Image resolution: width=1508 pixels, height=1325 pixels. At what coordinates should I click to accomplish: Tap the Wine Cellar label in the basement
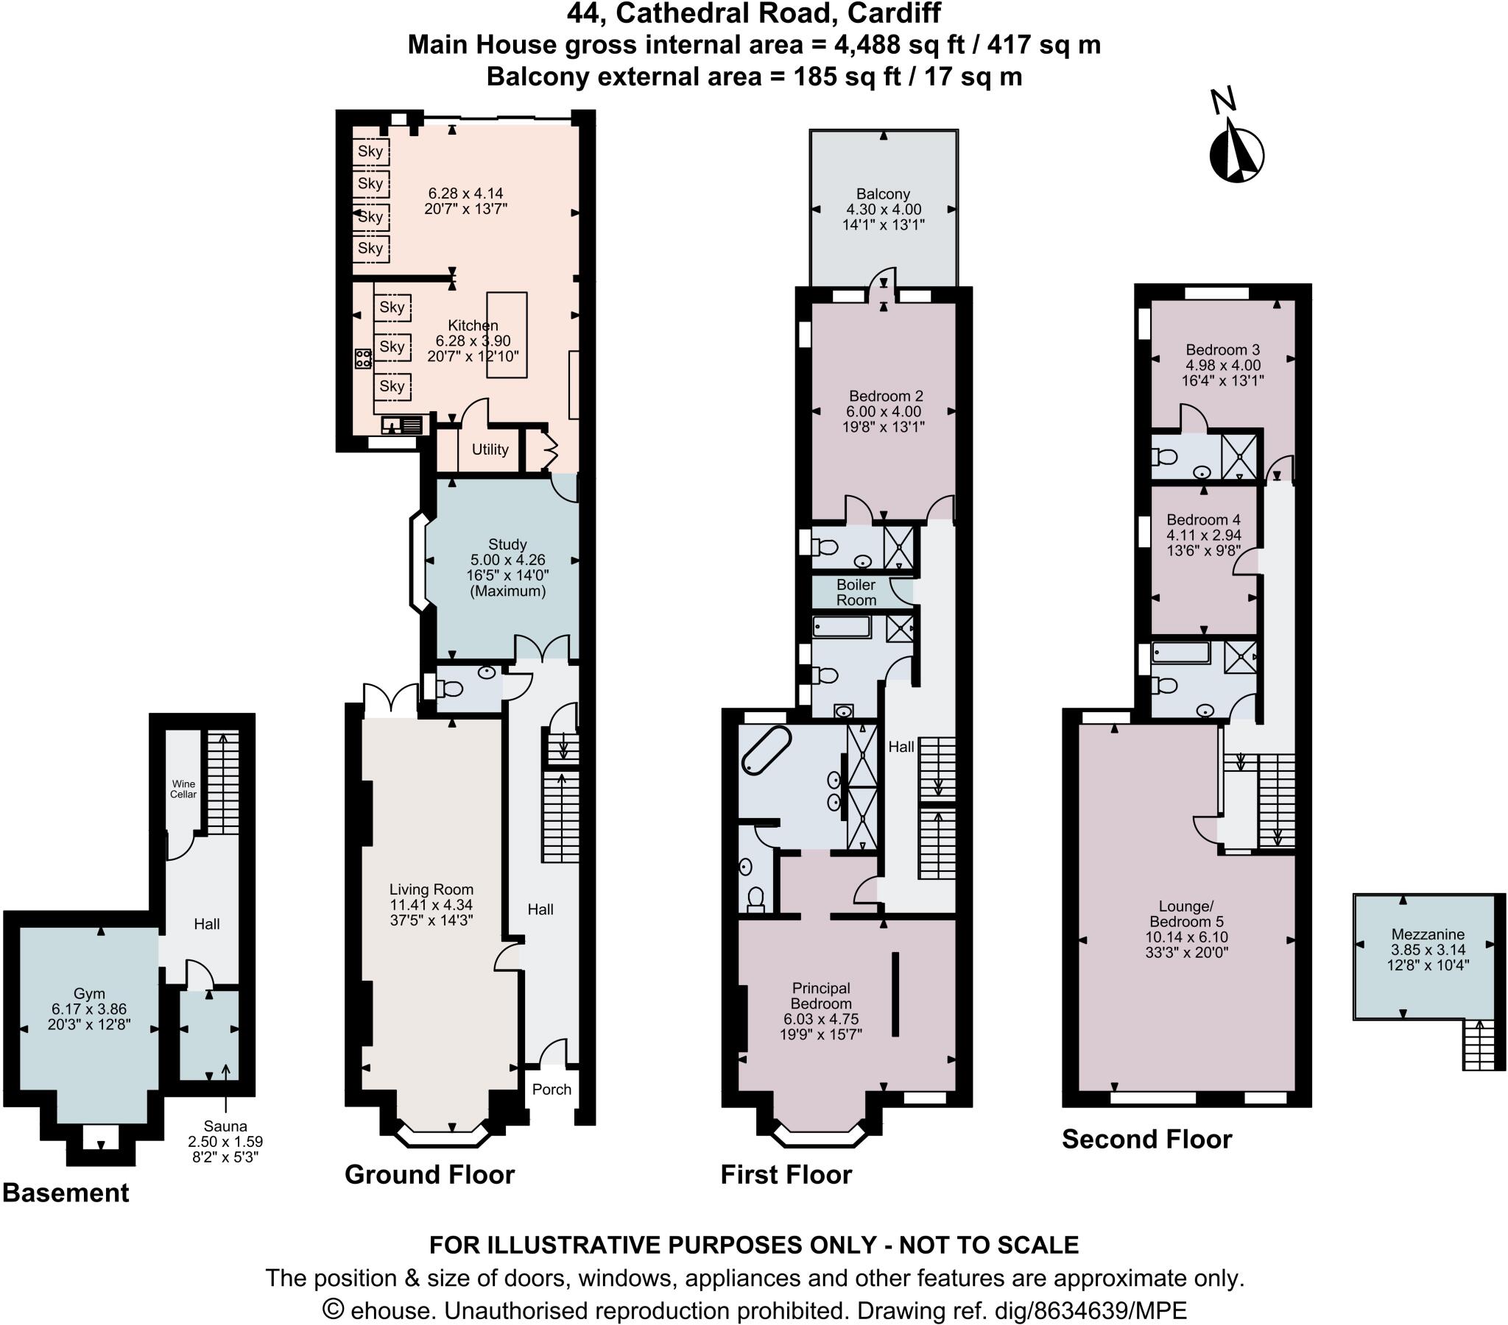tap(183, 789)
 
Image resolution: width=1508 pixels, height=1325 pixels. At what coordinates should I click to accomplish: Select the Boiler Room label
tap(856, 592)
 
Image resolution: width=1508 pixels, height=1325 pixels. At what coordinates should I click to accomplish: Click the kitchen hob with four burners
tap(363, 359)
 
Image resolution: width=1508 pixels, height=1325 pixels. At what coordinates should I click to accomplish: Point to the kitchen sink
tap(402, 425)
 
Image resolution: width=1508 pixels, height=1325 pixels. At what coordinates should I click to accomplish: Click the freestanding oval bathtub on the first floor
tap(766, 750)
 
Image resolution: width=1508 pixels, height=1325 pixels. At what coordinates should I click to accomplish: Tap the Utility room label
tap(490, 449)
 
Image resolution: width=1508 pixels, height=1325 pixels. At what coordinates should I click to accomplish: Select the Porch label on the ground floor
tap(551, 1089)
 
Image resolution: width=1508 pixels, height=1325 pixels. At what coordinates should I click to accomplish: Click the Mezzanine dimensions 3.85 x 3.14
tap(1428, 950)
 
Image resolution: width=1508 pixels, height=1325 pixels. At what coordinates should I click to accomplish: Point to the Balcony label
tap(882, 194)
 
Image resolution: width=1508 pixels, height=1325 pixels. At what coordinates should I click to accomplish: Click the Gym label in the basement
tap(88, 993)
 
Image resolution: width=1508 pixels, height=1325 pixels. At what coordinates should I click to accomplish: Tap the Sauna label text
tap(225, 1126)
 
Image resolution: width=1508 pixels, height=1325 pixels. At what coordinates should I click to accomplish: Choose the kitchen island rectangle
tap(507, 335)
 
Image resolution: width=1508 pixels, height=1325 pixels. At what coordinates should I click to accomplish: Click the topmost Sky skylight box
tap(370, 151)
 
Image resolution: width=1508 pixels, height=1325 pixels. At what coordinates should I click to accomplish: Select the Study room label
tap(507, 544)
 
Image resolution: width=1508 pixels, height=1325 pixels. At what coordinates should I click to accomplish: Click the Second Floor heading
tap(1146, 1139)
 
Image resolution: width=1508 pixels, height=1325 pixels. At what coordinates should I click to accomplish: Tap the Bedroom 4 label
tap(1203, 520)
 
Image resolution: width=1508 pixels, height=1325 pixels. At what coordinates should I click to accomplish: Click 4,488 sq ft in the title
tap(899, 45)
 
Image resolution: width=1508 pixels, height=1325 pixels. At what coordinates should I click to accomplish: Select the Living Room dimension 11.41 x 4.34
tap(431, 905)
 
